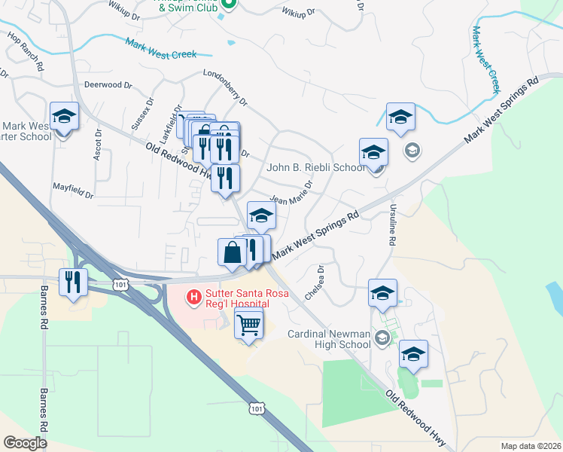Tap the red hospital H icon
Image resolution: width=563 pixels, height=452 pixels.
pyautogui.click(x=194, y=298)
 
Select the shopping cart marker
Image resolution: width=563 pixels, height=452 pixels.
pyautogui.click(x=249, y=325)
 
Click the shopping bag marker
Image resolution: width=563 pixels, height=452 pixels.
pyautogui.click(x=232, y=252)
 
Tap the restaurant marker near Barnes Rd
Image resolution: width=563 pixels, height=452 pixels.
pyautogui.click(x=74, y=282)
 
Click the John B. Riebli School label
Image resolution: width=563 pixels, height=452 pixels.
pyautogui.click(x=315, y=167)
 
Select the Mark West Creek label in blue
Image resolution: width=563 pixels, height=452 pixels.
pyautogui.click(x=161, y=49)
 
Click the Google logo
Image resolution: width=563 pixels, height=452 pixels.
pyautogui.click(x=25, y=442)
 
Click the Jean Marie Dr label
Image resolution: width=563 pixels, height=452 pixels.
pyautogui.click(x=291, y=194)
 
